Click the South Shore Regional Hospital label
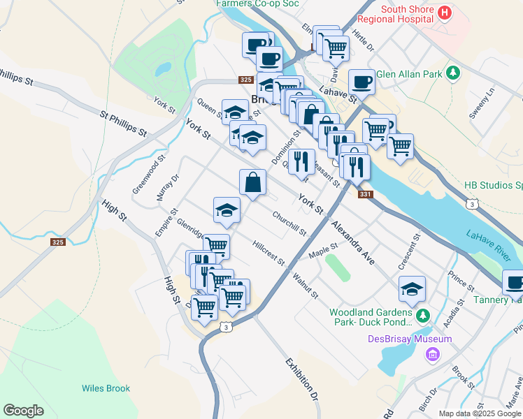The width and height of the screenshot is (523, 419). coord(413,15)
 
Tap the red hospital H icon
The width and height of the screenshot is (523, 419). coord(445,12)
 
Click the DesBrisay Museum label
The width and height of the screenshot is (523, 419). coord(410,339)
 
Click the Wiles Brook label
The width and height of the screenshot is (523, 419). coord(106,388)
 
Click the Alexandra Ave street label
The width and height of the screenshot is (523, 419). coord(353,243)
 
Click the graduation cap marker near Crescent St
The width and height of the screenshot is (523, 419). coord(413,288)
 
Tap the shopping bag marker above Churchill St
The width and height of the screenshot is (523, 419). coord(252,182)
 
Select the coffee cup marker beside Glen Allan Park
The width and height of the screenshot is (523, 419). coord(361,82)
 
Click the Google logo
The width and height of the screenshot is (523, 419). coord(24,411)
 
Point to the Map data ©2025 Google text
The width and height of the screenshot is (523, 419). coord(479,413)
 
